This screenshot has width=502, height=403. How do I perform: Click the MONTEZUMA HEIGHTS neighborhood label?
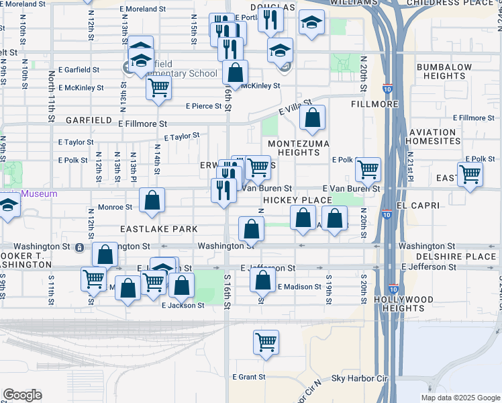[x=299, y=148]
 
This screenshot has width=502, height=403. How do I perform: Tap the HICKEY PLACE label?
[x=297, y=201]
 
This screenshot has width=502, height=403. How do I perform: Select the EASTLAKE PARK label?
[x=159, y=229]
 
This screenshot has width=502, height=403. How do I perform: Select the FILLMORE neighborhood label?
[x=370, y=105]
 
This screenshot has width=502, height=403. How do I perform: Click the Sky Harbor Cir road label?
[x=360, y=379]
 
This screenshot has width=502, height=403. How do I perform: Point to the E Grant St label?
[x=249, y=377]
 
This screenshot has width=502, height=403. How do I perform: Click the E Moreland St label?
[x=143, y=9]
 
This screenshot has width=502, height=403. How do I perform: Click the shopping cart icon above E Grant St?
[x=266, y=342]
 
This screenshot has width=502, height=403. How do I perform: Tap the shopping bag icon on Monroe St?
[x=153, y=200]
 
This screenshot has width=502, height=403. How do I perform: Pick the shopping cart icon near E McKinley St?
[x=158, y=87]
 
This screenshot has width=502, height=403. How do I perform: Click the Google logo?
[x=22, y=395]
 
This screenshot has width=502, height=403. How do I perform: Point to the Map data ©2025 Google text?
[x=460, y=398]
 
